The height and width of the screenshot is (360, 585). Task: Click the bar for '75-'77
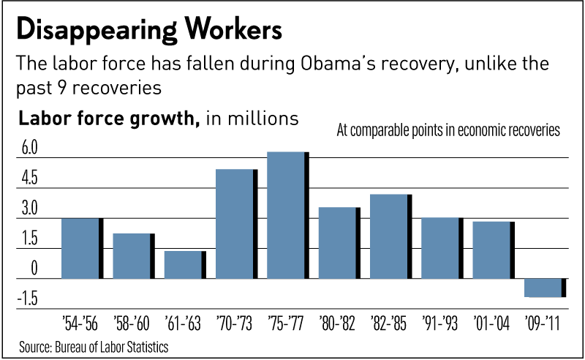(287, 215)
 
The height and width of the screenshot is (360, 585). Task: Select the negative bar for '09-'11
(545, 288)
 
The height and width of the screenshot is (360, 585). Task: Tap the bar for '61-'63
(184, 265)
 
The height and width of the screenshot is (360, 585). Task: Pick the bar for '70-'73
(235, 224)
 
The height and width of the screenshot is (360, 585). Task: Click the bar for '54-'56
(81, 248)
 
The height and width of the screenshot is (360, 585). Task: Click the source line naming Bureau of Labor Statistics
(95, 345)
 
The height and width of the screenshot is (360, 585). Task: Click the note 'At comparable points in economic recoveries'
(448, 132)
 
